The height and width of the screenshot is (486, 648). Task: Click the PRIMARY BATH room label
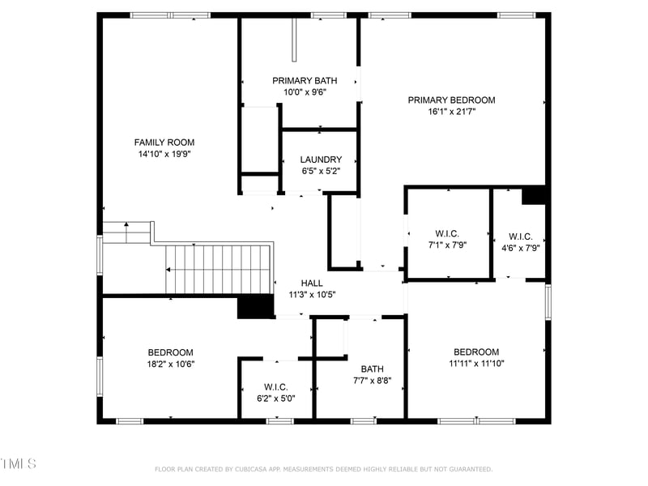point(305,80)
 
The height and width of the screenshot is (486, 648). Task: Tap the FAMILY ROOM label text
point(164,143)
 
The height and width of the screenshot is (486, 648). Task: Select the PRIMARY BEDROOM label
point(451,100)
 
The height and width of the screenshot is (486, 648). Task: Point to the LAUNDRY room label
point(321,160)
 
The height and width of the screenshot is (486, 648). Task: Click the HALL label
point(312,283)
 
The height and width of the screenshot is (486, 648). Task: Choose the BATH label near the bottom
point(373,368)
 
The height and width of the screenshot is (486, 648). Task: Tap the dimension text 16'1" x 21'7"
point(451,112)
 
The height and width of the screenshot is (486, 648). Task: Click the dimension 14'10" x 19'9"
point(164,154)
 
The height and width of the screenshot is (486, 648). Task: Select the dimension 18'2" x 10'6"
point(170,364)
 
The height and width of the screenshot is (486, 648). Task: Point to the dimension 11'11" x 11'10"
point(476,364)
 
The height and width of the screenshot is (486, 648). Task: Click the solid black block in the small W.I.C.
point(534,195)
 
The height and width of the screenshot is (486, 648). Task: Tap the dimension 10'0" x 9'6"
point(305,92)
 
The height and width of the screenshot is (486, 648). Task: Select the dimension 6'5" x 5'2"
point(321,171)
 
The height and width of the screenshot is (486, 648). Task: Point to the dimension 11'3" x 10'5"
point(312,295)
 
